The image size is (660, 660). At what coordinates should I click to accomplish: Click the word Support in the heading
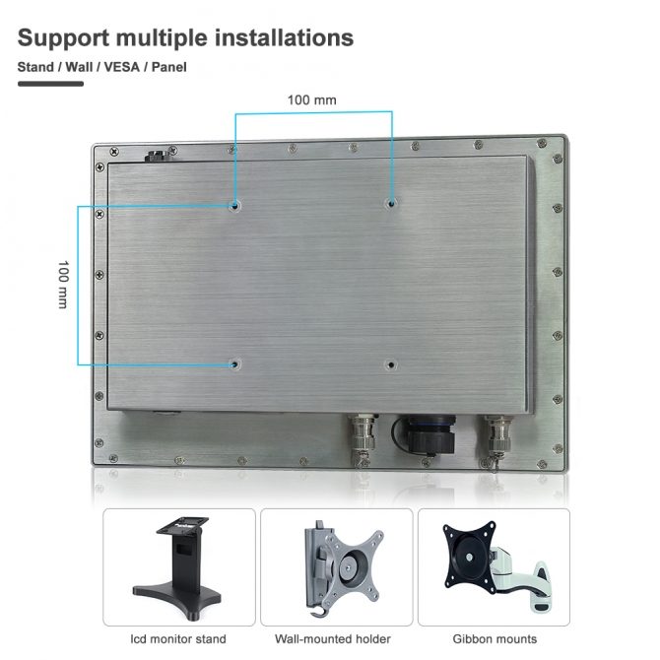(64, 38)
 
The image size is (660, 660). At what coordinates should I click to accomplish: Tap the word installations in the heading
(284, 37)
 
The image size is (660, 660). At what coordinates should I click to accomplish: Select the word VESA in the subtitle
(121, 67)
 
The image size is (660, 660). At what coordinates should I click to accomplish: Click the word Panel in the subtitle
(169, 67)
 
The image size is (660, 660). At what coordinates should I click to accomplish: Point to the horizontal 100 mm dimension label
(312, 100)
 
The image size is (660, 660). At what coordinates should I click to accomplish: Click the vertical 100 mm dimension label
(63, 284)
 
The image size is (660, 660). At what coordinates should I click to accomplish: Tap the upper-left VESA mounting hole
(234, 206)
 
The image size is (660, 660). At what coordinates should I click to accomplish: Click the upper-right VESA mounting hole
(391, 204)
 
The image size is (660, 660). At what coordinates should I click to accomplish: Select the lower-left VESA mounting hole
(234, 364)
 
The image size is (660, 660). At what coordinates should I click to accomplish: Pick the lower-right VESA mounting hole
(391, 364)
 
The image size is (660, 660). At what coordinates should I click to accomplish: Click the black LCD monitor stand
(177, 567)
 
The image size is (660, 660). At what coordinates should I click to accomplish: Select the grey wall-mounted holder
(344, 569)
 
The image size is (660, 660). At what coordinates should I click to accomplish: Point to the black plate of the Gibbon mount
(470, 558)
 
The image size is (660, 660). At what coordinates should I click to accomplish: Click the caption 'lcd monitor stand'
(178, 639)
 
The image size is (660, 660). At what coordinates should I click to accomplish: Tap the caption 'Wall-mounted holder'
(333, 639)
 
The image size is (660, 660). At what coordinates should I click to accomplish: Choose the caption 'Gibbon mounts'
(495, 639)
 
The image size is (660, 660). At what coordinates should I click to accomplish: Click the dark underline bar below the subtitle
(50, 84)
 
